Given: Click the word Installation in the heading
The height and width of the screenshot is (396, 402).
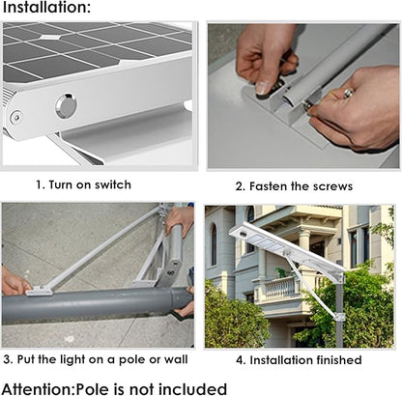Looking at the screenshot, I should [x=44, y=9].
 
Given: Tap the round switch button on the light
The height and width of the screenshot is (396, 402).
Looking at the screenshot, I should [x=65, y=105].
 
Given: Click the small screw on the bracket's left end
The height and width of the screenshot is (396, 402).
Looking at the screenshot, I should [x=15, y=117].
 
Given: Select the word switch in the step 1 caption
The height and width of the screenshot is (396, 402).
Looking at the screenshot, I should [x=110, y=184].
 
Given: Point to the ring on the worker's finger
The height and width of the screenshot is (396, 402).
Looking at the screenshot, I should [x=347, y=93].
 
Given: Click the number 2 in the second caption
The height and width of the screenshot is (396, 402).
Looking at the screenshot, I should [x=239, y=185].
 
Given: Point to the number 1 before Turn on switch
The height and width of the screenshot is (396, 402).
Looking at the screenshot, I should [x=40, y=184].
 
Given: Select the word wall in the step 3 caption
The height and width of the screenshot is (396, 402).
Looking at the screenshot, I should [x=178, y=360].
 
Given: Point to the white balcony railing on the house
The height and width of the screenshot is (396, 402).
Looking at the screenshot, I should [x=278, y=287].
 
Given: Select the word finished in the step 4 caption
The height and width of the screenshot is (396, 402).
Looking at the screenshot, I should [x=336, y=360].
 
